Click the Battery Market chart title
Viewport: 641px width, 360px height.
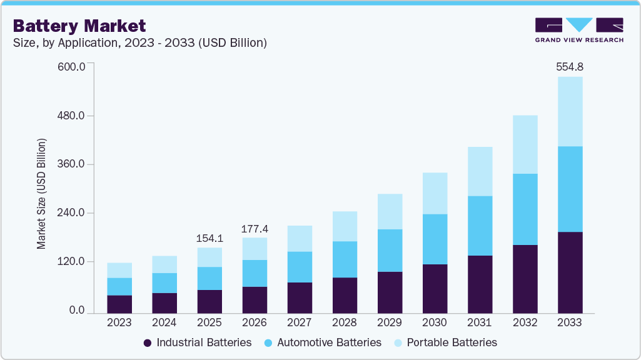pyautogui.click(x=79, y=26)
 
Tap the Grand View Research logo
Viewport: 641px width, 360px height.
pyautogui.click(x=579, y=30)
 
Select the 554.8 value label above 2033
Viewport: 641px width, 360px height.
pyautogui.click(x=570, y=67)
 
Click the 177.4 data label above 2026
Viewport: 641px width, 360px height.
pyautogui.click(x=255, y=228)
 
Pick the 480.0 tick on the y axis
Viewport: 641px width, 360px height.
pyautogui.click(x=73, y=116)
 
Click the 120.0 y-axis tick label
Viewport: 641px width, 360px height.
pyautogui.click(x=73, y=262)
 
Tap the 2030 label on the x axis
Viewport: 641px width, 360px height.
pyautogui.click(x=435, y=322)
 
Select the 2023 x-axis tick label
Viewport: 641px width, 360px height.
pyautogui.click(x=119, y=322)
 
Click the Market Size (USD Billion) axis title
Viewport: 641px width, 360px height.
pyautogui.click(x=41, y=194)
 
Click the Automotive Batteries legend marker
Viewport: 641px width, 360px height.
pyautogui.click(x=268, y=342)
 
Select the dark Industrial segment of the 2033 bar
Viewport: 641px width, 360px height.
pyautogui.click(x=570, y=272)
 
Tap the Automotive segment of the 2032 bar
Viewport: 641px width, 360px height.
pyautogui.click(x=525, y=209)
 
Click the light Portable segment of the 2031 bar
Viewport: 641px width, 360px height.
pyautogui.click(x=480, y=171)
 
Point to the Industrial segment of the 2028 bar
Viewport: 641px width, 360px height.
pyautogui.click(x=345, y=295)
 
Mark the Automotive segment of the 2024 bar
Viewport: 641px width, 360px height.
pyautogui.click(x=164, y=282)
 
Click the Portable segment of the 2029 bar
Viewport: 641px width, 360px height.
pyautogui.click(x=390, y=211)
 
